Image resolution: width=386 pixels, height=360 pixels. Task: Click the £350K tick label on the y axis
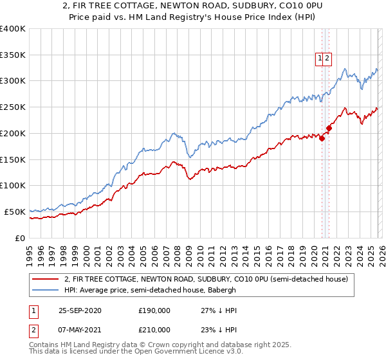pos(13,55)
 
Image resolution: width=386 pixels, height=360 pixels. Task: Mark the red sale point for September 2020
pos(322,138)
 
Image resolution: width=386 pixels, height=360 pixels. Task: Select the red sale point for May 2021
pos(329,128)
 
